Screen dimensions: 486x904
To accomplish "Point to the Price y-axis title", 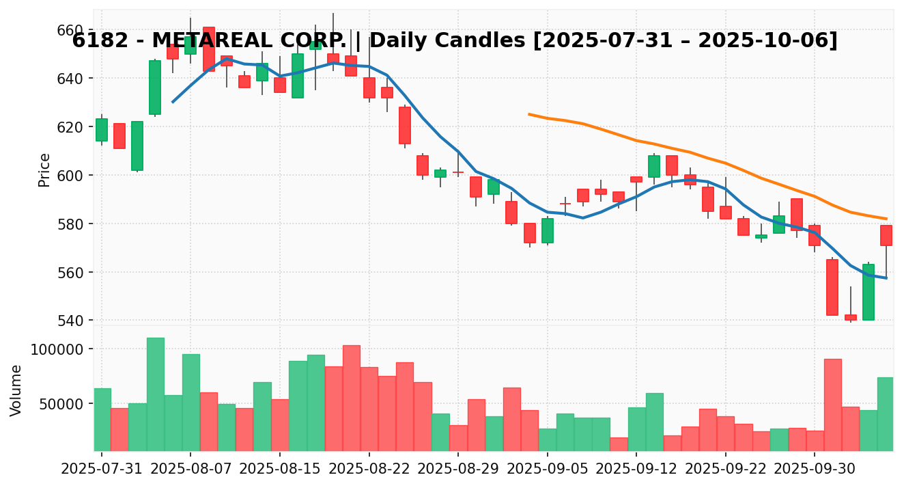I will [x=44, y=170].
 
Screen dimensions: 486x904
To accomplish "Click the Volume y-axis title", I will [x=16, y=390].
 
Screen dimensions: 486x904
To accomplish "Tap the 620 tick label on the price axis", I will [x=70, y=127].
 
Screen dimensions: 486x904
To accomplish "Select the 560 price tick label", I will [x=70, y=272].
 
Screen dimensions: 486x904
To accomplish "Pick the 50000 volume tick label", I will [x=61, y=403].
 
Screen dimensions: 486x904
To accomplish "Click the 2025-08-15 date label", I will [x=279, y=470].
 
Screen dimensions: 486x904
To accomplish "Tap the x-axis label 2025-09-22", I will [x=725, y=470].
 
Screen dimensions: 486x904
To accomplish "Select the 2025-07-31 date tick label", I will [x=102, y=470].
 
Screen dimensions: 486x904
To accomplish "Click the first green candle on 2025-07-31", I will [x=102, y=129].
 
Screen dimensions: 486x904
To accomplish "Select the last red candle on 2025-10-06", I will [x=886, y=235].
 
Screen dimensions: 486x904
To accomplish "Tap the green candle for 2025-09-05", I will [x=547, y=230].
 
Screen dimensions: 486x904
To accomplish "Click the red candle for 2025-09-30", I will [x=814, y=235].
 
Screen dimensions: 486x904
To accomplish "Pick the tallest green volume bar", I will [x=155, y=394].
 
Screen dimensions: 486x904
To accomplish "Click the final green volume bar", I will [x=886, y=414].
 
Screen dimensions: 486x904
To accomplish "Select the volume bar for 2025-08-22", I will [x=369, y=409].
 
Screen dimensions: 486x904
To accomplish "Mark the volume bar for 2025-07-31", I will [x=102, y=419].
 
